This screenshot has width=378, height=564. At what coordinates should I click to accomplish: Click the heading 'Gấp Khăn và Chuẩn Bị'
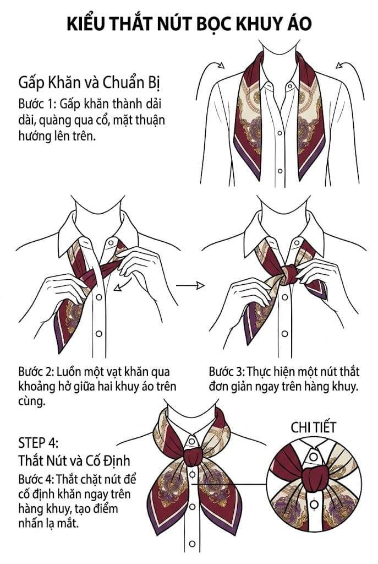89,83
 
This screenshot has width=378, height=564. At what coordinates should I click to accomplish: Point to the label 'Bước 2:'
36,372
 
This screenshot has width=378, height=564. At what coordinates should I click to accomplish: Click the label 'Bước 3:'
227,372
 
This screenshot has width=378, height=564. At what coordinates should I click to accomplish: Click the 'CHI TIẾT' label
313,427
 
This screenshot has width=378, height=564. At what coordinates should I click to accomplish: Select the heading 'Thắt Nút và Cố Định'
74,460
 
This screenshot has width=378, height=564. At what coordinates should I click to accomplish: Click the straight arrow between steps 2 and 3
190,286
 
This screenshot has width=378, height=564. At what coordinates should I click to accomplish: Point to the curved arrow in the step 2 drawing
122,283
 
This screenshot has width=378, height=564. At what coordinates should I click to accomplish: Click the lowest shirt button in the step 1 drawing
280,171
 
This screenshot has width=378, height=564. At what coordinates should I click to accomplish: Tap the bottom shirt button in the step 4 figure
192,544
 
